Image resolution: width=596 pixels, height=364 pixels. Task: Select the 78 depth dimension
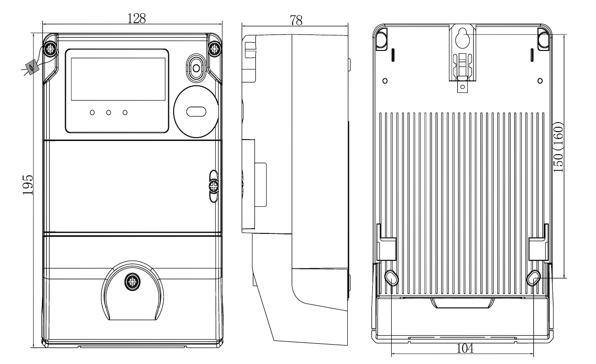point(296,20)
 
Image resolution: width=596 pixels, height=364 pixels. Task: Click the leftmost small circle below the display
point(92,113)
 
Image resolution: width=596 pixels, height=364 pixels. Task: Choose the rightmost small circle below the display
point(126,113)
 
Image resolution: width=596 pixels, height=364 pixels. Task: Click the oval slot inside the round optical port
point(195,112)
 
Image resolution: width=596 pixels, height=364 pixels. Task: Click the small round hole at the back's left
point(385,81)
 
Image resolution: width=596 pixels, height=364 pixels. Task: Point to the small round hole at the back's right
point(540,81)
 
